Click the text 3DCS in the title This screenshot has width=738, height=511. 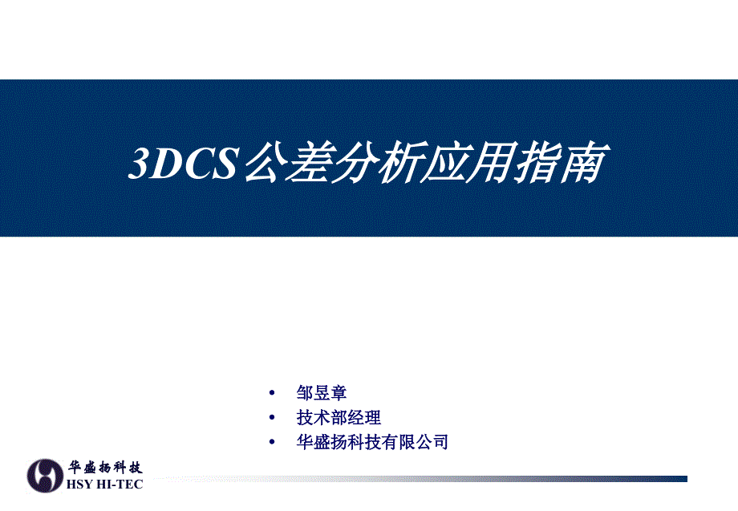click(184, 164)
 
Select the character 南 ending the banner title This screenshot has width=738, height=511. click(585, 162)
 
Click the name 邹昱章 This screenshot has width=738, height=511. click(322, 393)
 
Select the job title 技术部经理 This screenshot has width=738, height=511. click(339, 417)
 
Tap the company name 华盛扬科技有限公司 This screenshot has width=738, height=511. click(372, 442)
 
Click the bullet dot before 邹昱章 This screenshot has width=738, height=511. click(272, 393)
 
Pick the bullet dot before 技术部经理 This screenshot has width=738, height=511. click(272, 417)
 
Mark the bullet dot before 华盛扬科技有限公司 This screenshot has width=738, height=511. click(272, 442)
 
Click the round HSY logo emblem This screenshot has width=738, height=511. click(45, 476)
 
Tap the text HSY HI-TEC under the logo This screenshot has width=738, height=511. click(104, 485)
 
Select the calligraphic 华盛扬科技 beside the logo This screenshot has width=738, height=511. click(105, 467)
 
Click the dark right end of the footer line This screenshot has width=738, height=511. click(686, 479)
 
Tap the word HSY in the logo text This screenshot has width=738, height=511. click(79, 485)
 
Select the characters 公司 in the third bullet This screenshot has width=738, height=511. click(432, 442)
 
